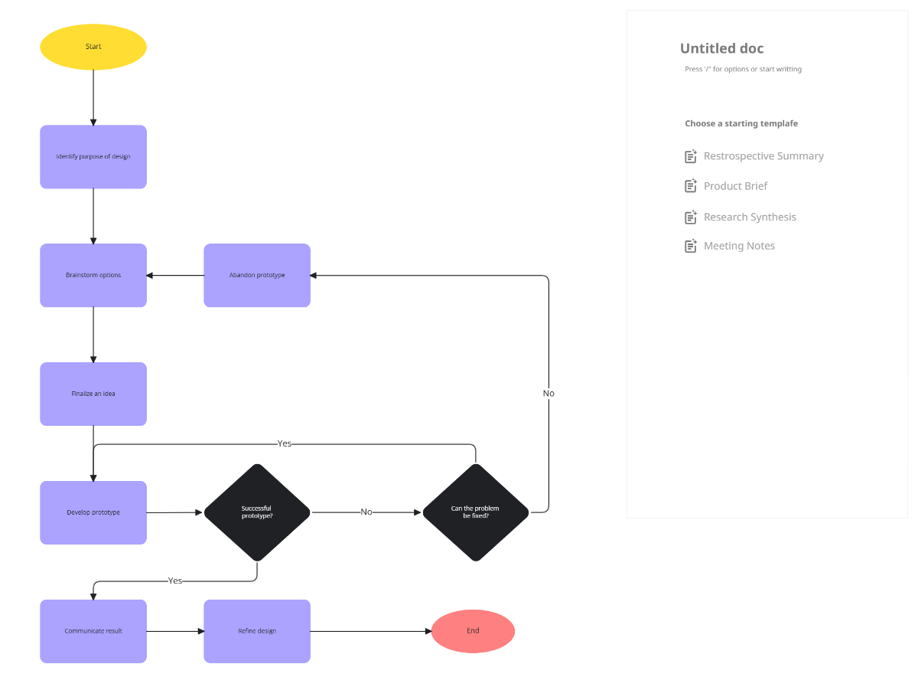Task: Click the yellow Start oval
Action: tap(93, 47)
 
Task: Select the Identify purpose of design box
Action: tap(93, 157)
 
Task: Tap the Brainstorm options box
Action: tap(93, 276)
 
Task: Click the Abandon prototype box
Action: tap(257, 276)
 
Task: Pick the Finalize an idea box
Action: tap(93, 394)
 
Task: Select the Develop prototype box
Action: tap(93, 512)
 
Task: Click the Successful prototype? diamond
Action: tap(257, 512)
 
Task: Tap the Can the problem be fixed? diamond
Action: tap(475, 512)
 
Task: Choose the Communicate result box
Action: tap(93, 631)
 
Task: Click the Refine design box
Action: tap(257, 631)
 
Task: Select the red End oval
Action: tap(473, 631)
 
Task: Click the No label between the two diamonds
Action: tap(366, 512)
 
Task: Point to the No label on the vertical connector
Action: tap(549, 393)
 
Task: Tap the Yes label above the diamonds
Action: tap(285, 443)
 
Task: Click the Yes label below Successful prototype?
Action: tap(175, 581)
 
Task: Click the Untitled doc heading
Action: tap(721, 49)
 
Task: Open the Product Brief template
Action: tap(735, 186)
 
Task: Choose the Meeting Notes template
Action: tap(739, 246)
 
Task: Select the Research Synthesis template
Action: tap(750, 218)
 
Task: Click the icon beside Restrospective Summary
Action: tap(691, 156)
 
